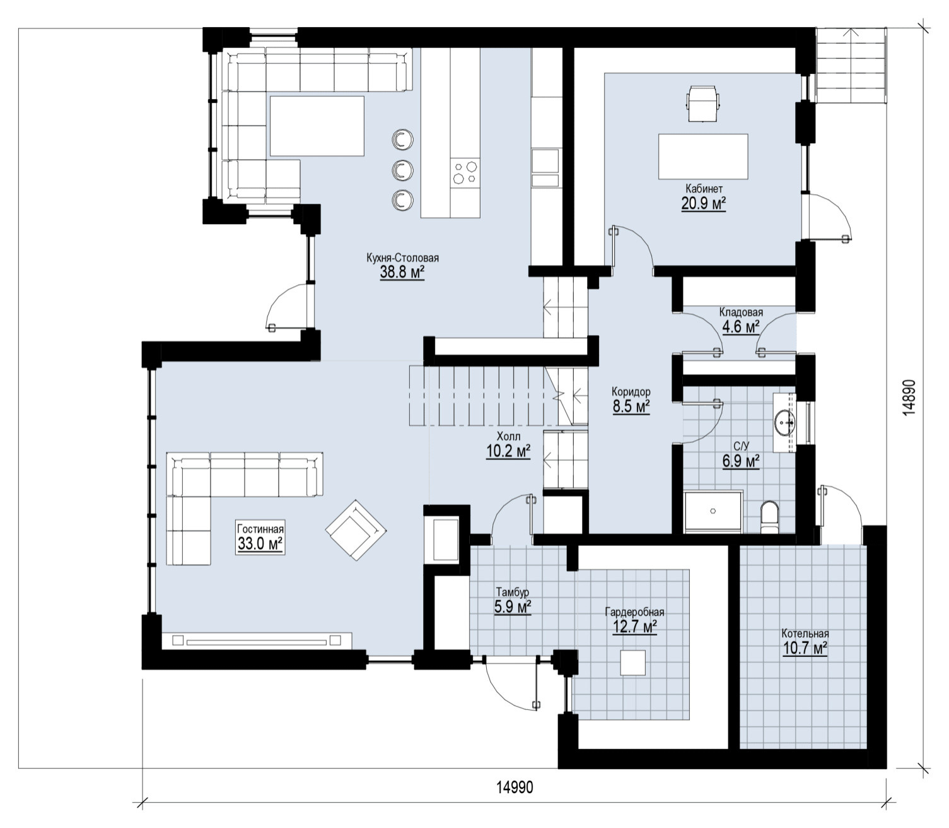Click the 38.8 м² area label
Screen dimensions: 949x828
click(x=402, y=273)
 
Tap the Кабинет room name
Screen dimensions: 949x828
click(x=704, y=189)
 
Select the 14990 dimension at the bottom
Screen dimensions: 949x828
click(x=515, y=787)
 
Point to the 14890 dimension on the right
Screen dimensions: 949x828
click(x=910, y=398)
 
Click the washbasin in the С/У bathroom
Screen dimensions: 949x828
click(x=785, y=422)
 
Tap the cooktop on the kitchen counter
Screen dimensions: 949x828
click(x=465, y=173)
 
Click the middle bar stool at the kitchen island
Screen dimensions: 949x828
click(x=402, y=169)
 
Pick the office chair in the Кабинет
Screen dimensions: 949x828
click(x=702, y=103)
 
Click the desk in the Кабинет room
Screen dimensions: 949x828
click(x=703, y=157)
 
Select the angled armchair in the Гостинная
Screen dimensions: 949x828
click(x=356, y=529)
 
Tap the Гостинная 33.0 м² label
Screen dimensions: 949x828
click(x=260, y=536)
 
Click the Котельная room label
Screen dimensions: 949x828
click(x=805, y=634)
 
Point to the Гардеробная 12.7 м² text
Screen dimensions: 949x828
click(x=634, y=620)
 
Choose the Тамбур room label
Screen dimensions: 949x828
click(x=513, y=592)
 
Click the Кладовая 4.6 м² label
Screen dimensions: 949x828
click(x=741, y=320)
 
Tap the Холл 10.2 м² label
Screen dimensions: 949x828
click(x=508, y=444)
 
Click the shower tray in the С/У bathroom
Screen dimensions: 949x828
click(x=713, y=511)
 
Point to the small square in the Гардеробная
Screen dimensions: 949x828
click(x=632, y=662)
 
